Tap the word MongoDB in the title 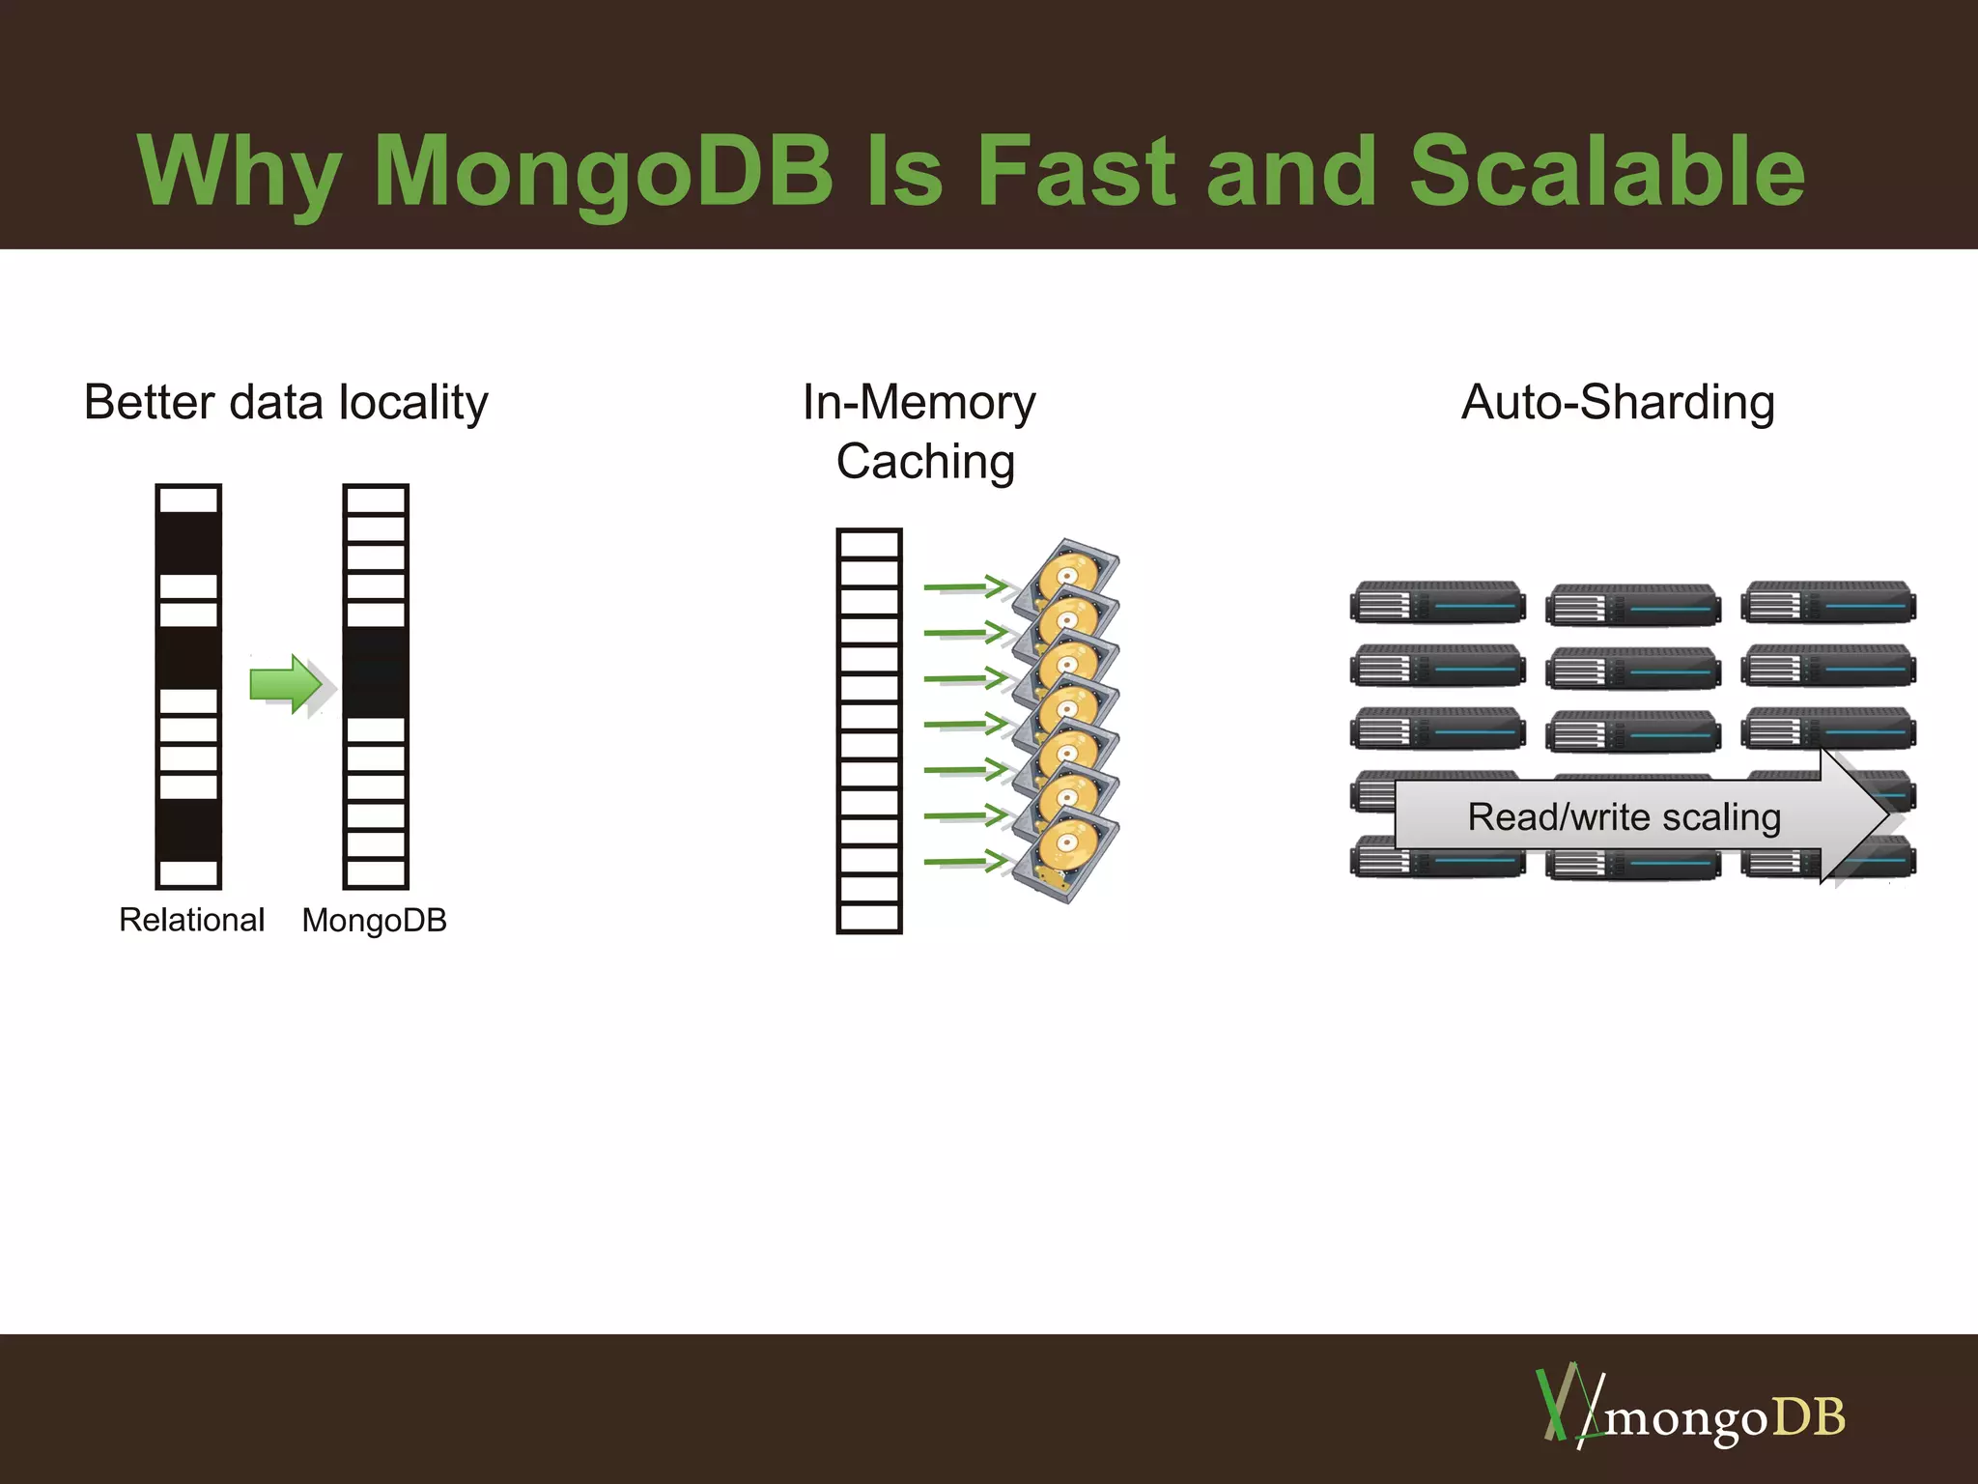[x=603, y=171]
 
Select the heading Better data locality [x=286, y=403]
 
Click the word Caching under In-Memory [x=925, y=462]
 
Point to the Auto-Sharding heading [x=1618, y=403]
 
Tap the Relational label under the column [x=191, y=920]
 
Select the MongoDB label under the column [x=375, y=920]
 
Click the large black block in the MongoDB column [x=376, y=672]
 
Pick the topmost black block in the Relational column [x=188, y=543]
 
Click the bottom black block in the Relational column [x=188, y=829]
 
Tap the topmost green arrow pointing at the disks [x=964, y=585]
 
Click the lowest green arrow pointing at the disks [x=964, y=861]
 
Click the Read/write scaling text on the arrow [x=1624, y=817]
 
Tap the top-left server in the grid [x=1437, y=603]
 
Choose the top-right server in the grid [x=1828, y=603]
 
